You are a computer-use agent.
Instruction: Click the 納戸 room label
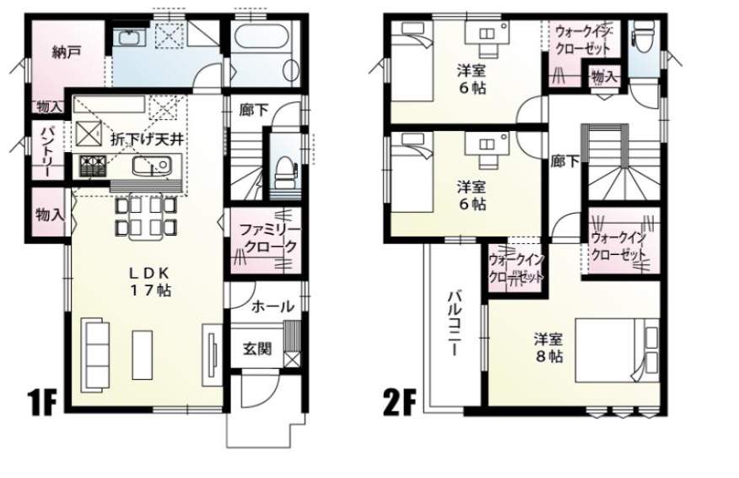pos(66,52)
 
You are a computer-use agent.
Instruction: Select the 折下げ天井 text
pos(147,139)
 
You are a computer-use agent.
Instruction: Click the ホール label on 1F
pos(272,307)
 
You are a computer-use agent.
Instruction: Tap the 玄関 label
pos(257,349)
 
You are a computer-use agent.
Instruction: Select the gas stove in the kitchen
pos(93,166)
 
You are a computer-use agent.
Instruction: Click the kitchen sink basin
pos(151,166)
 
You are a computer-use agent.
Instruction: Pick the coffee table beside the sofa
pos(143,355)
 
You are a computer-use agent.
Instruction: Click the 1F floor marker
pos(43,403)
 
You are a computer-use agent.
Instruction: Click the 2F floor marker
pos(400,403)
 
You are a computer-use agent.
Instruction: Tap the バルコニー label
pos(455,323)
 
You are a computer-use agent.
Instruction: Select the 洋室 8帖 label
pos(548,347)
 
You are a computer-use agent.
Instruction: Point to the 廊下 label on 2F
pos(565,162)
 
